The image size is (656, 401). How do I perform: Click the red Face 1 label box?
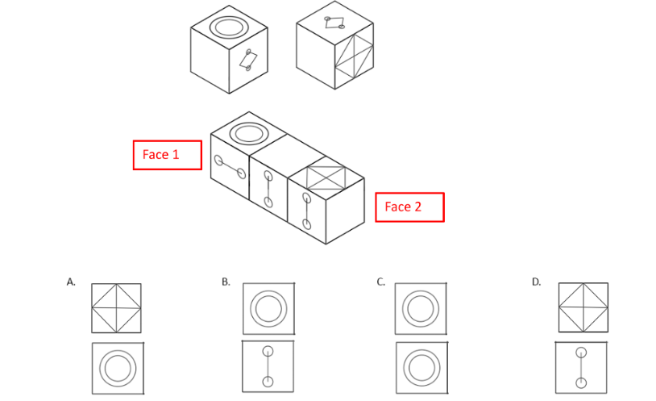click(167, 155)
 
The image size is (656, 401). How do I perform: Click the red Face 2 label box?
click(409, 207)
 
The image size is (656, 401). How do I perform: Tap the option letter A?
click(72, 282)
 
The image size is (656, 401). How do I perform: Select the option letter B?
click(226, 282)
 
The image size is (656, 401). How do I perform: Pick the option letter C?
click(380, 282)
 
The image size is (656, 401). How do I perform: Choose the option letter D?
click(536, 282)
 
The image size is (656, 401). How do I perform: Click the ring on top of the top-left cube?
click(230, 27)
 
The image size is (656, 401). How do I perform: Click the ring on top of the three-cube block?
click(248, 133)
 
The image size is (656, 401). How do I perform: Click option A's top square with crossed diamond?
click(116, 308)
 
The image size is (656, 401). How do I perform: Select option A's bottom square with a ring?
click(117, 368)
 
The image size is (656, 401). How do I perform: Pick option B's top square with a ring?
click(268, 308)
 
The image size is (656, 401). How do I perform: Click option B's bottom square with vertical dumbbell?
click(268, 367)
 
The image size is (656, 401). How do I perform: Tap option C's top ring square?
click(421, 308)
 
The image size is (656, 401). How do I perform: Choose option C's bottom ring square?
click(421, 368)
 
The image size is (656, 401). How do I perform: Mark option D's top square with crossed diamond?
click(583, 308)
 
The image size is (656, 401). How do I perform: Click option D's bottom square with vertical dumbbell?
click(581, 367)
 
